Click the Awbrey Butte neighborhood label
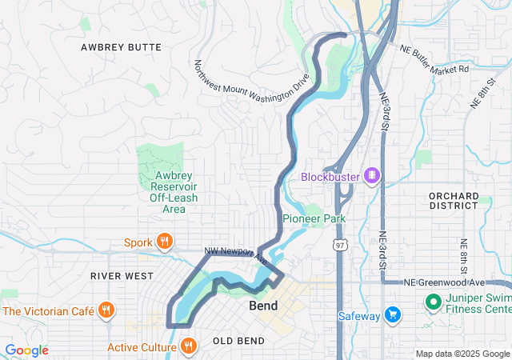(x=121, y=48)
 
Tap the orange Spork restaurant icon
(x=165, y=242)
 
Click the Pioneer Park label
(x=314, y=218)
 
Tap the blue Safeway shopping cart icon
(x=392, y=315)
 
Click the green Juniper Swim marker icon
(x=433, y=302)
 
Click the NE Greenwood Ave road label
(x=445, y=282)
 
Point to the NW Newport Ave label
(x=235, y=254)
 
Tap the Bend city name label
(x=264, y=306)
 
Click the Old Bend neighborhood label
(x=238, y=342)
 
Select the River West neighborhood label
(x=122, y=276)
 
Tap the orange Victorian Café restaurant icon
(x=106, y=310)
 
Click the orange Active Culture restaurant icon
(x=189, y=346)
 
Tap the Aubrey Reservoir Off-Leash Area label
(x=168, y=192)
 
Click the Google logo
(x=26, y=350)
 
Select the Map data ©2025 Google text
(x=462, y=354)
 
